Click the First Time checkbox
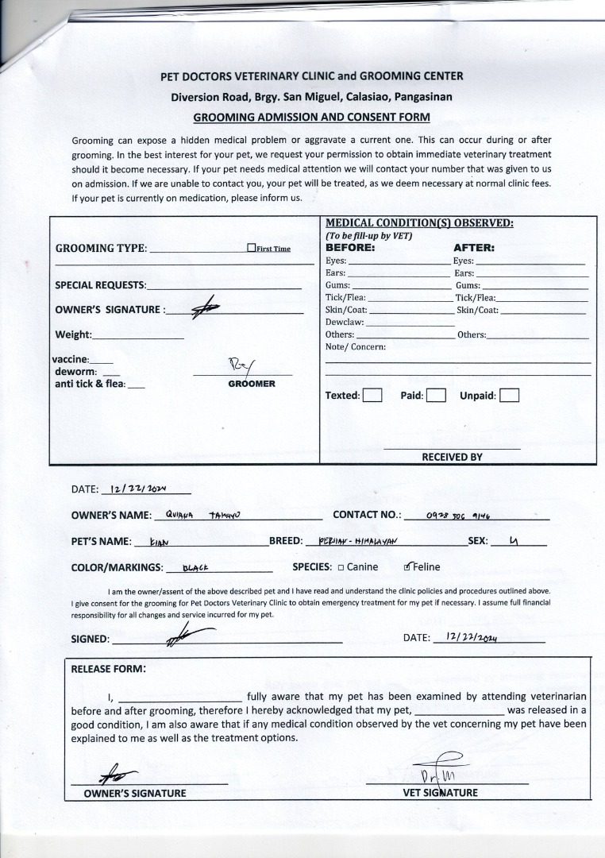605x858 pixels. pyautogui.click(x=252, y=249)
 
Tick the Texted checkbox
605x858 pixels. pyautogui.click(x=372, y=395)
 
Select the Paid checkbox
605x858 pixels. pyautogui.click(x=435, y=395)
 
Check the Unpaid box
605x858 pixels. pyautogui.click(x=509, y=395)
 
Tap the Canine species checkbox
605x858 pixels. pyautogui.click(x=341, y=567)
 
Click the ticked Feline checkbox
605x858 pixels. pyautogui.click(x=408, y=567)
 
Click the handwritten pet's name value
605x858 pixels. pyautogui.click(x=160, y=543)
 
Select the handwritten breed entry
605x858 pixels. pyautogui.click(x=357, y=542)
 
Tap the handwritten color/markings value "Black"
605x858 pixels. pyautogui.click(x=195, y=568)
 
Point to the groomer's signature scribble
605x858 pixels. pyautogui.click(x=241, y=365)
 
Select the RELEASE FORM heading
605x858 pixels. pyautogui.click(x=108, y=668)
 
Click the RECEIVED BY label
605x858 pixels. pyautogui.click(x=452, y=457)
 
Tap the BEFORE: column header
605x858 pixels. pyautogui.click(x=350, y=247)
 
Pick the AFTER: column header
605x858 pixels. pyautogui.click(x=473, y=247)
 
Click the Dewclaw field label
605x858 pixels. pyautogui.click(x=345, y=322)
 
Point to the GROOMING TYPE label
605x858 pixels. pyautogui.click(x=101, y=248)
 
